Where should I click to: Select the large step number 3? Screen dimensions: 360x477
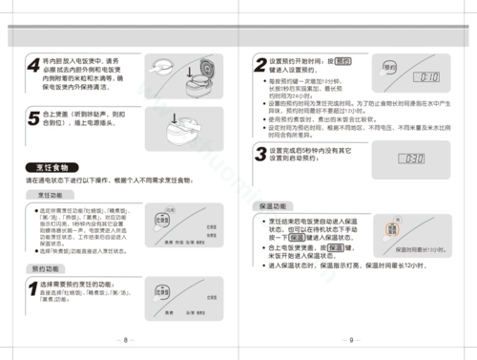[259, 155]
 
